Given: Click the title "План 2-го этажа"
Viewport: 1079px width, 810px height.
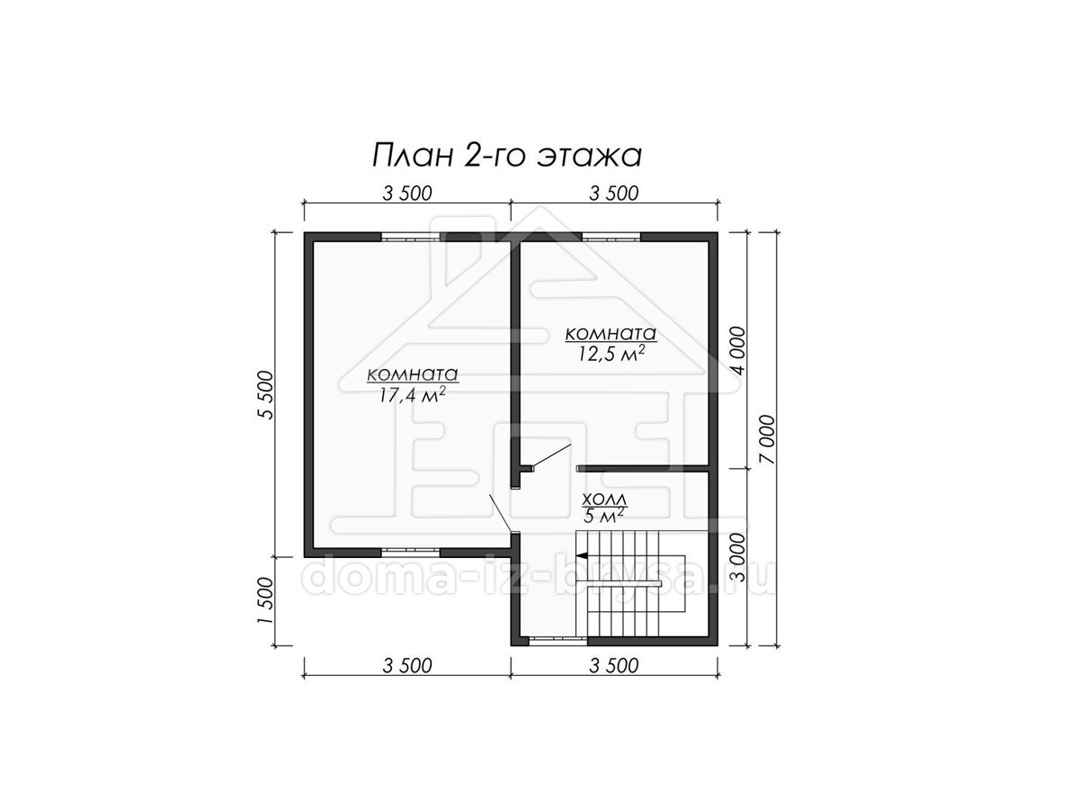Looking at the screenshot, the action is pos(507,157).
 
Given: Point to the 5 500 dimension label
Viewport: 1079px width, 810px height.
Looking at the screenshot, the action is pos(265,394).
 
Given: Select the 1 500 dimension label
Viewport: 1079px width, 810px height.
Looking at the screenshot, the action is pos(265,600).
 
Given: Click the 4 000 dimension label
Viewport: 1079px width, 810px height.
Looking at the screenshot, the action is pos(738,351).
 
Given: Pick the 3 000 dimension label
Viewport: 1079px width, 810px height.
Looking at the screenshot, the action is pos(738,558).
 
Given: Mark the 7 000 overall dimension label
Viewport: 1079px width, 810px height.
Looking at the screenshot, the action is pos(767,439).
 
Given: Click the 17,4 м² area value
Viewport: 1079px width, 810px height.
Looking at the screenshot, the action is pos(413,395).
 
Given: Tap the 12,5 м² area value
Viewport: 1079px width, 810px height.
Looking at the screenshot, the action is pos(611,354).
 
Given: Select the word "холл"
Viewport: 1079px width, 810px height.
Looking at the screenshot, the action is pos(604,500).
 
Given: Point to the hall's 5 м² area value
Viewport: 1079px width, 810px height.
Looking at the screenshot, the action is pos(604,517).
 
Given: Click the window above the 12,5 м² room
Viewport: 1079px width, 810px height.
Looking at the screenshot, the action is pos(611,237).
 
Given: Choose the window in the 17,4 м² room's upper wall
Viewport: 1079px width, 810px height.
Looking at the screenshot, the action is pos(411,237).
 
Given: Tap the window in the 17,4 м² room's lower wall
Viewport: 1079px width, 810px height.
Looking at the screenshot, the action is pos(411,553).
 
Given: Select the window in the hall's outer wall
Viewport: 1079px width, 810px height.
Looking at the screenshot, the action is pos(558,641).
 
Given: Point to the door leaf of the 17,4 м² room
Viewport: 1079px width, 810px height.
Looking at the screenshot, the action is pos(501,513).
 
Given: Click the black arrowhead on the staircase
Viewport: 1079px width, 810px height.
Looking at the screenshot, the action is pos(582,555).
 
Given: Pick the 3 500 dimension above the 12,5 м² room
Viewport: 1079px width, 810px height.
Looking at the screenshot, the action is pos(613,193).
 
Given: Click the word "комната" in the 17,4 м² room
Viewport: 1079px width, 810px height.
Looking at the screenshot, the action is pos(413,375).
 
